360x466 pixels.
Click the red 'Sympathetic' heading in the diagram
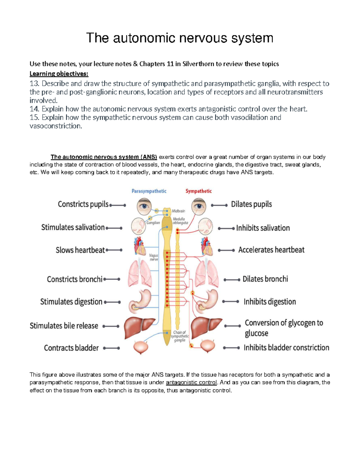[198, 191]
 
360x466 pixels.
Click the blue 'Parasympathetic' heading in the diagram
[149, 191]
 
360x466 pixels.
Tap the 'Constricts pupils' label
[83, 204]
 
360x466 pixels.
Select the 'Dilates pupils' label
[251, 204]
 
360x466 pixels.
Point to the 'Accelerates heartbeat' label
[271, 250]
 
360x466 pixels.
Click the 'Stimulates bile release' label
[64, 326]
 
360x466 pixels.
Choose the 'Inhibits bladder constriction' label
[286, 348]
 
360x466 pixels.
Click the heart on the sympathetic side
[207, 246]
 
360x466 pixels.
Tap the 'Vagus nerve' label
[154, 257]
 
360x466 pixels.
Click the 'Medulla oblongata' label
[180, 221]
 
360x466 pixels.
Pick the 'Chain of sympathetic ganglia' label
[180, 336]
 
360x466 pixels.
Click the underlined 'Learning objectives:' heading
[59, 74]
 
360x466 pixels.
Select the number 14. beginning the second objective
[35, 109]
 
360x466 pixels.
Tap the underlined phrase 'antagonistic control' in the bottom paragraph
[191, 383]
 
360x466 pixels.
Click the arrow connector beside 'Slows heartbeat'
[114, 250]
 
